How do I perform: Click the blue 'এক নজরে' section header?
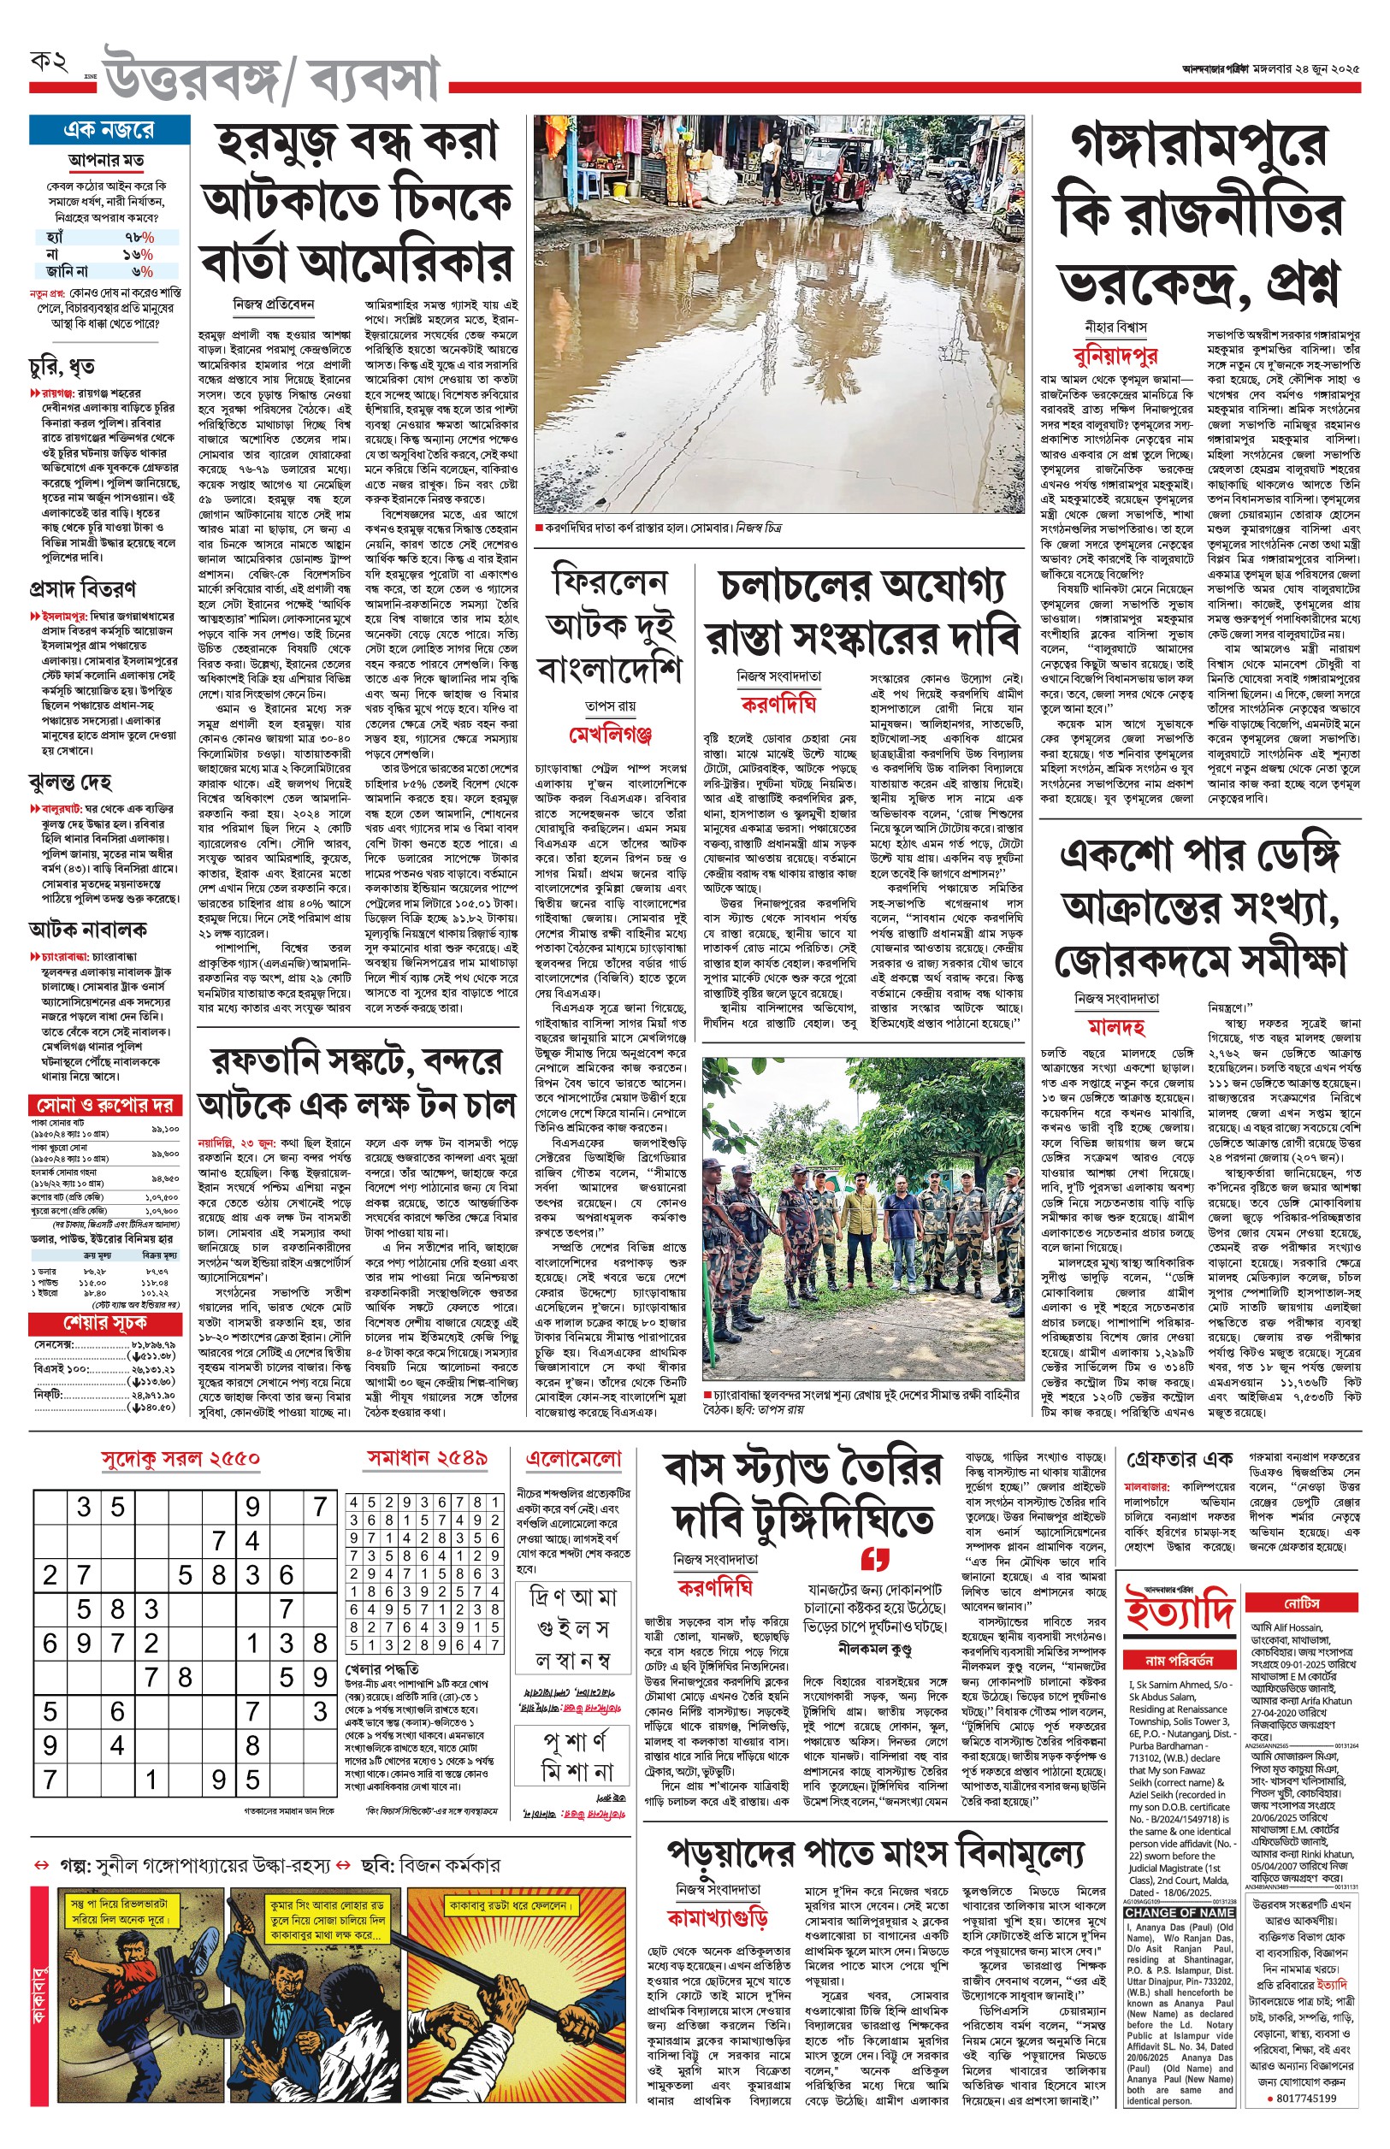tap(109, 130)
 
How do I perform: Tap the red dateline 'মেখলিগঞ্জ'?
tap(610, 735)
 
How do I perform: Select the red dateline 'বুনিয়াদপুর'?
tap(1115, 356)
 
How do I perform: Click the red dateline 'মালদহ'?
tap(1116, 1028)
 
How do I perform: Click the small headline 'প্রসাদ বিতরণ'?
tap(82, 589)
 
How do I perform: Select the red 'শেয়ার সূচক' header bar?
tap(104, 1324)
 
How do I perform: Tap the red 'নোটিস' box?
tap(1303, 1603)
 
